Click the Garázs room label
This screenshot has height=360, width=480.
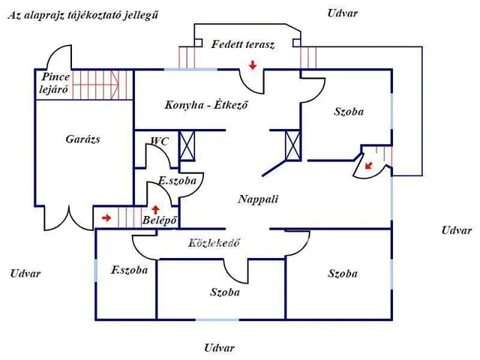click(82, 139)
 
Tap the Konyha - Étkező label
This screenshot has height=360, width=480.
click(206, 105)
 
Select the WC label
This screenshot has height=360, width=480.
click(160, 141)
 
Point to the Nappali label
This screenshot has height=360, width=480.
click(258, 199)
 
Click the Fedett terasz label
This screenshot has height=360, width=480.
click(243, 44)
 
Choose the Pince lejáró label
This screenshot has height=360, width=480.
click(55, 82)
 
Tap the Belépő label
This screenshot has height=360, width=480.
click(159, 220)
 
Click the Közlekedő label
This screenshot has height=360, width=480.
click(214, 243)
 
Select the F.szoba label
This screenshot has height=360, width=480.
click(129, 270)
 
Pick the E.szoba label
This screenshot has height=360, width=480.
click(178, 181)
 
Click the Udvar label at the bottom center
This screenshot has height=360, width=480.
click(219, 348)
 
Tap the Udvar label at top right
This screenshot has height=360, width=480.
click(343, 13)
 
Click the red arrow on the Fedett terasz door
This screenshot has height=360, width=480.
click(253, 66)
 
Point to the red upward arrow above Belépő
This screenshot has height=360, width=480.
click(155, 209)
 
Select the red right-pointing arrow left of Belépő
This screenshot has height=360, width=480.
click(106, 218)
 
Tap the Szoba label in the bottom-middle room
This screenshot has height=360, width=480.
click(225, 292)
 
